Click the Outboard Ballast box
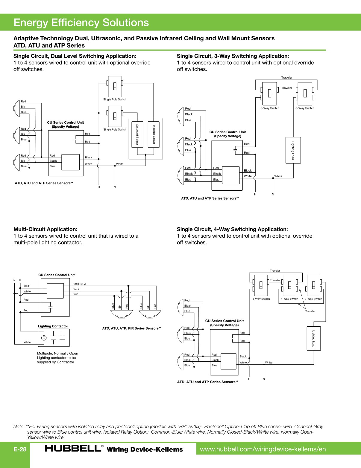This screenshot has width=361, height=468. (x=137, y=134)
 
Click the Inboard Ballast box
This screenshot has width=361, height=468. (x=154, y=134)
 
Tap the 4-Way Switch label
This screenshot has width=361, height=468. (x=289, y=299)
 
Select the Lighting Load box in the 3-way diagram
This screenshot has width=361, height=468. (x=293, y=150)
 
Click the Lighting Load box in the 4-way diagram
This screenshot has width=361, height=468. (x=313, y=338)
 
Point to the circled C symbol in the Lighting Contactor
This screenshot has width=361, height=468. (x=44, y=338)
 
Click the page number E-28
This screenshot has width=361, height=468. (x=20, y=449)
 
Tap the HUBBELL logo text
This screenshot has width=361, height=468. (x=73, y=448)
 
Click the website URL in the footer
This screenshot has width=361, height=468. (x=263, y=449)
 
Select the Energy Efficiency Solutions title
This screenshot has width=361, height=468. (x=81, y=22)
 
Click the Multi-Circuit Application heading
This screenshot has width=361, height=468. (x=45, y=229)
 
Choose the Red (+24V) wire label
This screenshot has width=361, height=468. (x=79, y=284)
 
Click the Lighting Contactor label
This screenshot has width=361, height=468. (x=53, y=326)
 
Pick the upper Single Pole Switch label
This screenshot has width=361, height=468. (x=115, y=99)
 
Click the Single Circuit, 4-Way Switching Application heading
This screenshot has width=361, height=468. (x=232, y=229)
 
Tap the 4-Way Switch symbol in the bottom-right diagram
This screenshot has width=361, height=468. (x=289, y=285)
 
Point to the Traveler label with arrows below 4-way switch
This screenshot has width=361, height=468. (x=310, y=311)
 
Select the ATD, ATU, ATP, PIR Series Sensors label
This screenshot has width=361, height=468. (x=132, y=328)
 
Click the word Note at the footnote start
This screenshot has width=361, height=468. (x=19, y=426)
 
